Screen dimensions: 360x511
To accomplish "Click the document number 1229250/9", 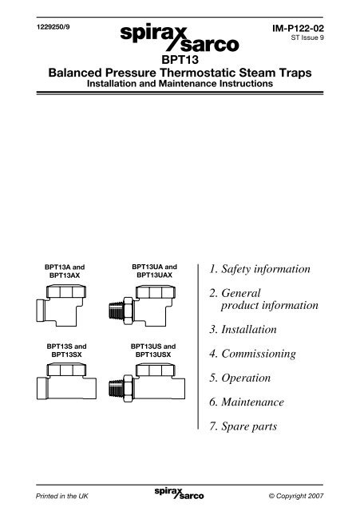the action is [53, 27].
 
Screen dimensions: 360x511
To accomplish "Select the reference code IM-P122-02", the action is [298, 29].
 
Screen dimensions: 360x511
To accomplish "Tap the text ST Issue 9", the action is [307, 38].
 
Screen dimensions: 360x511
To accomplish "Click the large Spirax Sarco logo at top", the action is [180, 38].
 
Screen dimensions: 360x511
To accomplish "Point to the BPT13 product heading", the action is [180, 60].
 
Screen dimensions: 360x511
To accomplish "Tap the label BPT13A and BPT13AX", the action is [65, 271].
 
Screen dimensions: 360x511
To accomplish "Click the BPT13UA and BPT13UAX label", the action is [154, 271].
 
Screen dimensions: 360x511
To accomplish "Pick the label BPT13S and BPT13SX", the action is [66, 351].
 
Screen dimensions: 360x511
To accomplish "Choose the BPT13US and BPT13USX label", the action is [153, 351].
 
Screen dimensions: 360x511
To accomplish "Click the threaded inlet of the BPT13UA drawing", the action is [116, 311].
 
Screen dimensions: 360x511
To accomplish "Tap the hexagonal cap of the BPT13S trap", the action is [66, 370].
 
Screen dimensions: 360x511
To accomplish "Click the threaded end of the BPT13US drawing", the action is [116, 389].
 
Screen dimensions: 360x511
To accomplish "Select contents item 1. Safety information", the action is [259, 269].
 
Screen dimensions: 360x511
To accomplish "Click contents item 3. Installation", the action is [243, 330].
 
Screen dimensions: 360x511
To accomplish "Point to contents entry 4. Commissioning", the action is [252, 354].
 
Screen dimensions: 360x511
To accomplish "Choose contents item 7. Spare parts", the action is [243, 426].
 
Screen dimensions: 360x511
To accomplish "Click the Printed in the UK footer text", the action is [62, 496].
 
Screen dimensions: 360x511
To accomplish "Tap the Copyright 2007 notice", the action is [296, 496].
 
